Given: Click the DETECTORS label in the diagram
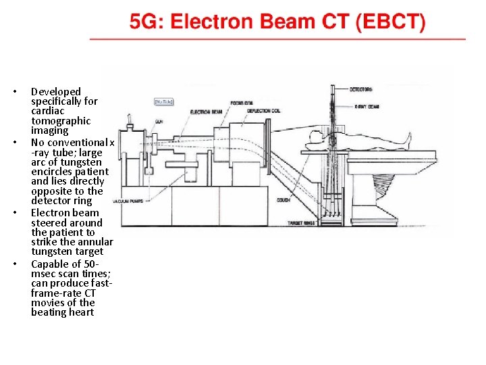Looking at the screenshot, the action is point(361,89).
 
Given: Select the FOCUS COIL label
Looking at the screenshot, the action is point(242,103).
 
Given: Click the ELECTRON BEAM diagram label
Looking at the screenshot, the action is point(206,112).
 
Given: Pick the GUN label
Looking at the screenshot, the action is point(159,120).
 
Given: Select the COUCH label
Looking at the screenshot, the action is point(284,200).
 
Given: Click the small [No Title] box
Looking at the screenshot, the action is point(164,101).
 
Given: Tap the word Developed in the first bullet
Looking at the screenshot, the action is point(56,91).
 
